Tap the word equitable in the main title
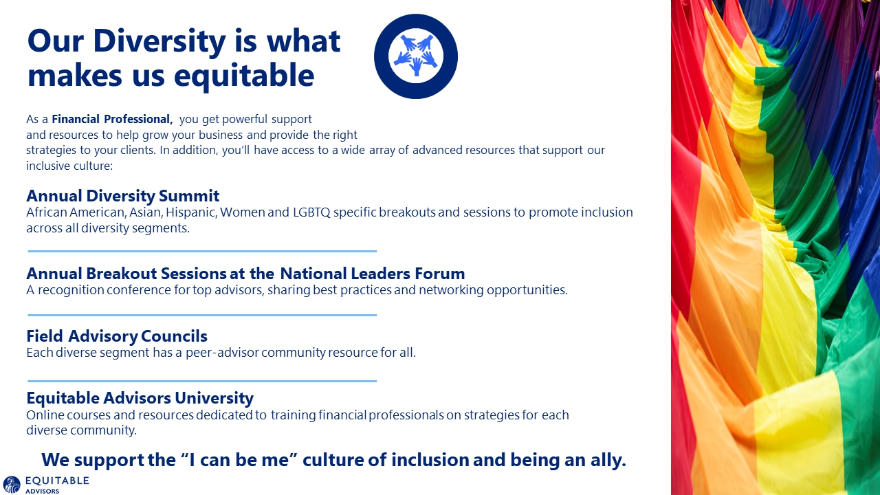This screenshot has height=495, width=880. (x=244, y=76)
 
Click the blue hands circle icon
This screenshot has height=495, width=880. (x=416, y=56)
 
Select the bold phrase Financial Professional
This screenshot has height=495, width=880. (x=112, y=119)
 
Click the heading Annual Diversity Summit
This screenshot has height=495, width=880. (x=123, y=196)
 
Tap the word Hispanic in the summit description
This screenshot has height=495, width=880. (x=191, y=212)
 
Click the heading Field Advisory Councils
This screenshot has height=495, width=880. (x=117, y=336)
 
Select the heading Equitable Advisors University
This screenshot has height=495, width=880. (x=140, y=398)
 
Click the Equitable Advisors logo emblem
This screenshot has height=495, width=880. (x=12, y=485)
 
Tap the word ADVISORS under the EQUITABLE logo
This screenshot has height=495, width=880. (x=43, y=491)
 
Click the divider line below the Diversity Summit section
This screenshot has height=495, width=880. (x=202, y=251)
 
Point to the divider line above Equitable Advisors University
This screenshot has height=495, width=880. (x=202, y=381)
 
